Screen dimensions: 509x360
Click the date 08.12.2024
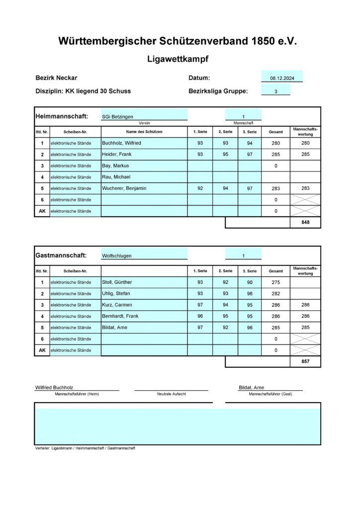click(x=282, y=78)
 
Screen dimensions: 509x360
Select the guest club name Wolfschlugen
click(x=117, y=256)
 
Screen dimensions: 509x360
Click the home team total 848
click(x=305, y=223)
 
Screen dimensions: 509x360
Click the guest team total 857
click(x=305, y=362)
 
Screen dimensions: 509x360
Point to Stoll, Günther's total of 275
click(x=275, y=282)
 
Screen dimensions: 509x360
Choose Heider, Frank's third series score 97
click(x=250, y=154)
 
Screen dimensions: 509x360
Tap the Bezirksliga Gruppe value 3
click(x=275, y=91)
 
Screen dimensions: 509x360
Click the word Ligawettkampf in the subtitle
click(x=178, y=59)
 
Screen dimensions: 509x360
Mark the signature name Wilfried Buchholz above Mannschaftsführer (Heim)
click(x=55, y=387)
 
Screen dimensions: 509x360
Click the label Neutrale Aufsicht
click(x=171, y=394)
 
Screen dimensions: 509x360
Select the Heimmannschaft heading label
click(x=62, y=116)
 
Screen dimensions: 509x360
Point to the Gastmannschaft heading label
click(x=61, y=255)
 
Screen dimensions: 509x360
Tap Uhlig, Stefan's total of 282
click(x=275, y=294)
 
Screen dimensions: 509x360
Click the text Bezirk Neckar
click(x=56, y=78)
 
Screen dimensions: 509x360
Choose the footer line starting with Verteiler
click(x=85, y=448)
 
